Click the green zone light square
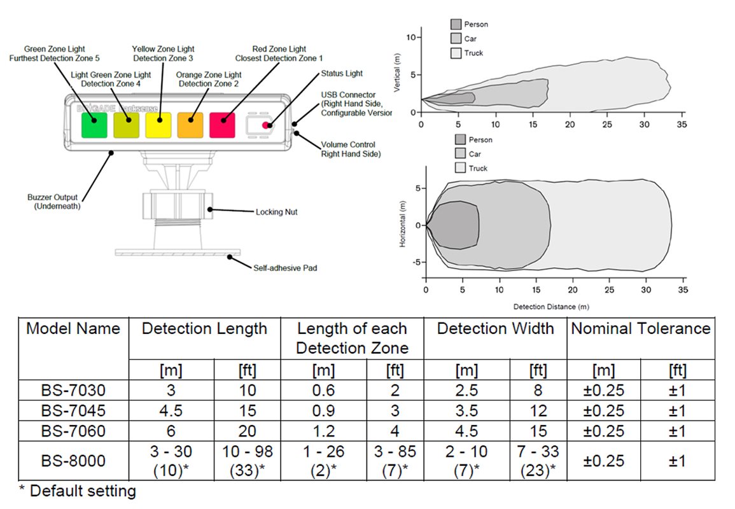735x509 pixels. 94,125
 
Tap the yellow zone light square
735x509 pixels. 158,125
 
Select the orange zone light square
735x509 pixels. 190,125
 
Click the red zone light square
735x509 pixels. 222,125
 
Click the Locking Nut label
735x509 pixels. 277,212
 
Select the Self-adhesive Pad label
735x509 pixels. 285,268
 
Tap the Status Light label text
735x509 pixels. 342,74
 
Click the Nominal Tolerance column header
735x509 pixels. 640,329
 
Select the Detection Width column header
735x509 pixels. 495,329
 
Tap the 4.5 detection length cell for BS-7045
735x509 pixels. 171,410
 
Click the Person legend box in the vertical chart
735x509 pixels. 456,24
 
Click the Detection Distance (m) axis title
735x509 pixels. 550,307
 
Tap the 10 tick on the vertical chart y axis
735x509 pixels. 411,38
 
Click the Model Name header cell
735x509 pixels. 73,329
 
